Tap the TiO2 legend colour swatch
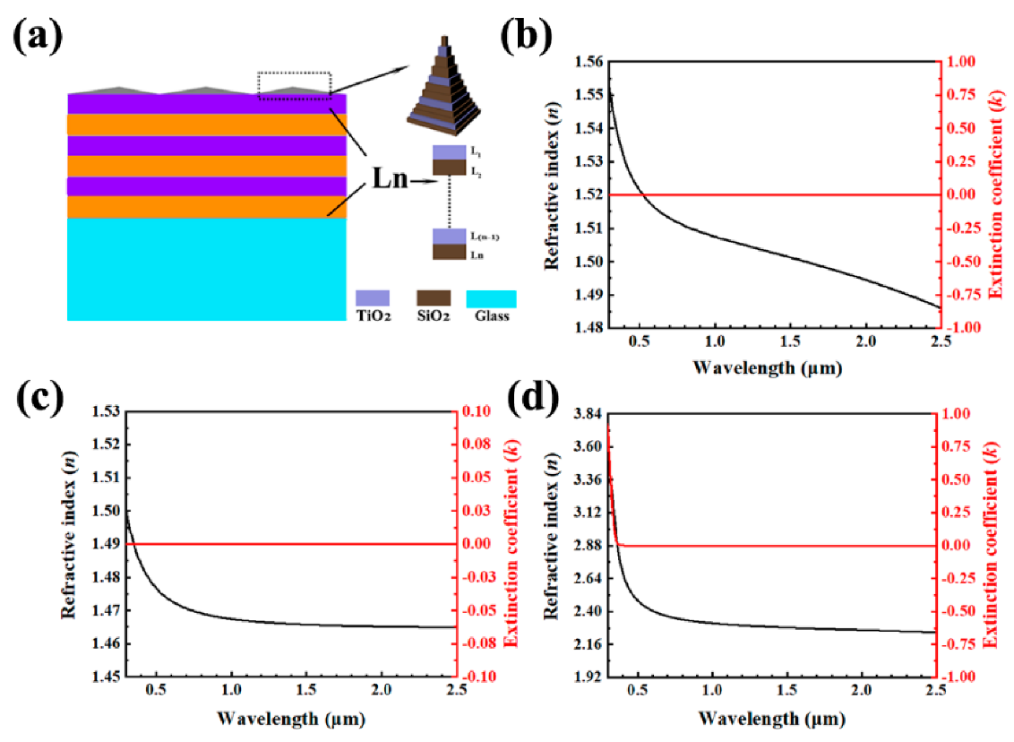(372, 298)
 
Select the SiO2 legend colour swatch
(434, 298)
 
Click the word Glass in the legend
(492, 315)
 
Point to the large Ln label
(388, 180)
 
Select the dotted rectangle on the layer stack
(295, 85)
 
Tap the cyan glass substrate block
(206, 269)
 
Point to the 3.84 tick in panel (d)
(583, 413)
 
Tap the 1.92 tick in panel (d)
(583, 677)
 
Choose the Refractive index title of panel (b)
(549, 194)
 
